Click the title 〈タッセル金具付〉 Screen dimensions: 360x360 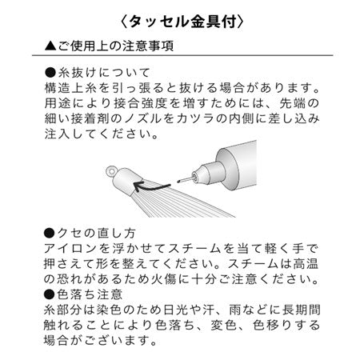(182, 22)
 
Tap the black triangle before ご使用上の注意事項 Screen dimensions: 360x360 (50, 46)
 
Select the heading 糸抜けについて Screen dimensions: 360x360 (104, 73)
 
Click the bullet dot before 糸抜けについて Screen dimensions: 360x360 (50, 73)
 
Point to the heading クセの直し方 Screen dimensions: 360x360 (96, 234)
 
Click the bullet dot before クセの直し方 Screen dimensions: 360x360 (50, 234)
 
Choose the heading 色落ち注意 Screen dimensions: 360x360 (90, 294)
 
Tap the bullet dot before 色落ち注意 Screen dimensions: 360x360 (50, 294)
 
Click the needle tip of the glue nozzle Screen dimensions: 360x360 (178, 182)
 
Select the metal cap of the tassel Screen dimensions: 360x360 (127, 181)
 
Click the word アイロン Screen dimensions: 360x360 (70, 249)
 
